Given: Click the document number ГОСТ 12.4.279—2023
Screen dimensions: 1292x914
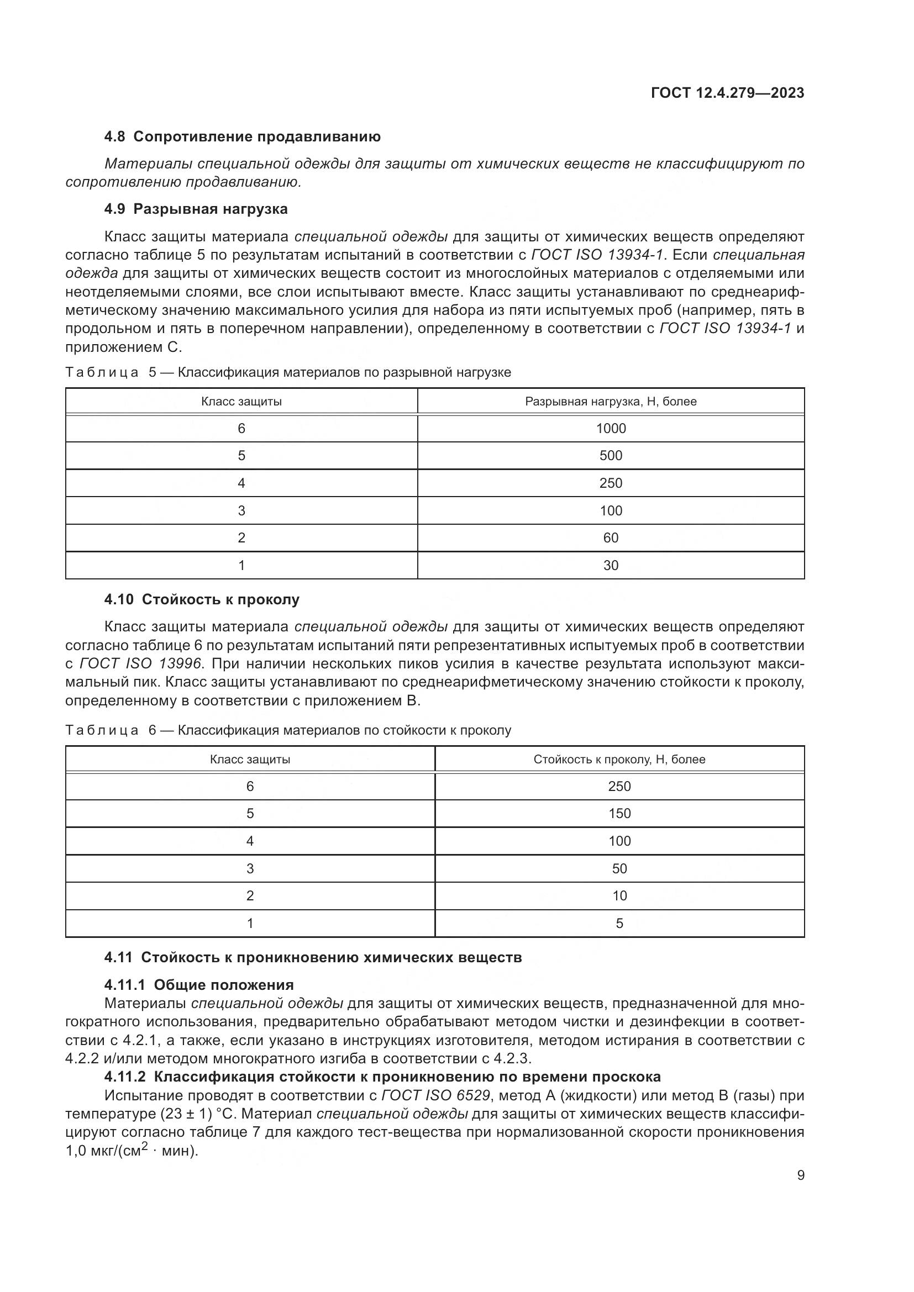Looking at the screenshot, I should pos(727,93).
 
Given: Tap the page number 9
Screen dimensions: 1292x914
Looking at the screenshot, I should pos(800,1175).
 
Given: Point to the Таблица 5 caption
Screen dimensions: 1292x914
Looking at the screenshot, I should pos(288,372).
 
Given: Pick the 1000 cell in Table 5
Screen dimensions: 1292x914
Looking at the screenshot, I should pos(611,429).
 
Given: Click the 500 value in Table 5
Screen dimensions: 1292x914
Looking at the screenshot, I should pos(611,456).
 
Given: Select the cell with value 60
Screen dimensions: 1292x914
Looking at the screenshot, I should pos(611,538).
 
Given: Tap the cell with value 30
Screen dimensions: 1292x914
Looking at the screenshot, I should pos(611,566).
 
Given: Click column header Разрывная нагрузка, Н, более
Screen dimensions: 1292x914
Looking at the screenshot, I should pos(611,402).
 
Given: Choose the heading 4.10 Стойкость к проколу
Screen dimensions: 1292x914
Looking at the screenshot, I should pos(202,600).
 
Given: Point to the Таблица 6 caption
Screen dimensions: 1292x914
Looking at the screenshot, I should pos(288,730).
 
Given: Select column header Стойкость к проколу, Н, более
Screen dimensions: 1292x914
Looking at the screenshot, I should pos(619,760).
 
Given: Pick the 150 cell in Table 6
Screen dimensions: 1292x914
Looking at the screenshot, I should pos(619,814).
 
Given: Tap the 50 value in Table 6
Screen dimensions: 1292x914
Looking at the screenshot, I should pos(619,869).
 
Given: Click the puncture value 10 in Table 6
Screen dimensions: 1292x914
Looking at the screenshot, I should pos(619,896).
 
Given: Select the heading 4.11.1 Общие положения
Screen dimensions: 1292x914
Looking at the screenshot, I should pos(199,985).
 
